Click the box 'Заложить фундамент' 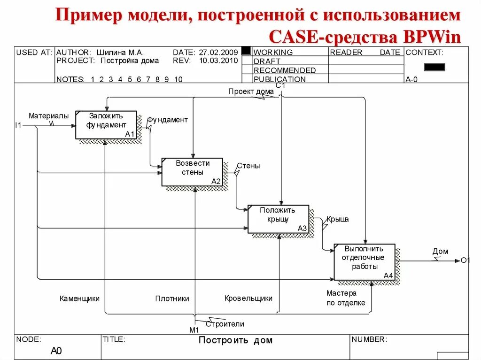point(106,125)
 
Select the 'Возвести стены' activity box point(192,172)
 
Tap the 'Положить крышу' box point(278,219)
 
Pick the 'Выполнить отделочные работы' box point(365,261)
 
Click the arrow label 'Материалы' point(48,115)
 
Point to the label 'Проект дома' point(248,91)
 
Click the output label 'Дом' point(440,252)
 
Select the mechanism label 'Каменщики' point(79,299)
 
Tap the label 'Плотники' point(172,299)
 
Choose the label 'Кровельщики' point(248,298)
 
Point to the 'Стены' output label point(248,166)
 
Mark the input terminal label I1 point(18,125)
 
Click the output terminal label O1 point(465,260)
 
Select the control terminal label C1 point(280,85)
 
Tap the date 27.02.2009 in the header point(218,53)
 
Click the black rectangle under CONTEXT point(434,67)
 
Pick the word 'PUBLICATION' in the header point(279,79)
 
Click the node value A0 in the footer point(56,351)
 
